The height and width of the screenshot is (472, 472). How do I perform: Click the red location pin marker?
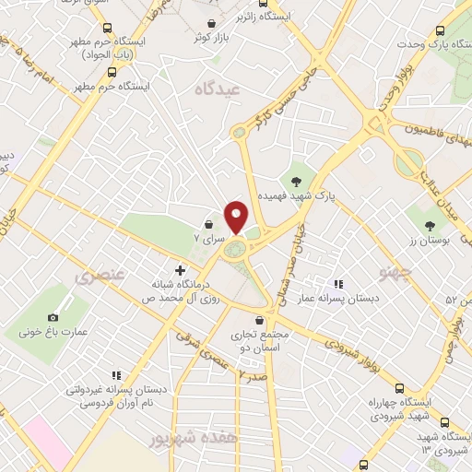[x=237, y=217]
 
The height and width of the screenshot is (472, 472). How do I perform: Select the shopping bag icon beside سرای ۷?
[x=210, y=224]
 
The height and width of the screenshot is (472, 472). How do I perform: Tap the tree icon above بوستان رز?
[x=431, y=224]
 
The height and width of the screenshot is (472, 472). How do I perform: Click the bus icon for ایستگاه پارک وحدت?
[x=441, y=30]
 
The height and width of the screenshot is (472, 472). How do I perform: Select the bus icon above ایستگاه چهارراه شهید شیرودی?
[x=399, y=388]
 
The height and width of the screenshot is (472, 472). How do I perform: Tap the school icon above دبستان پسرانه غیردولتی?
[x=116, y=374]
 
